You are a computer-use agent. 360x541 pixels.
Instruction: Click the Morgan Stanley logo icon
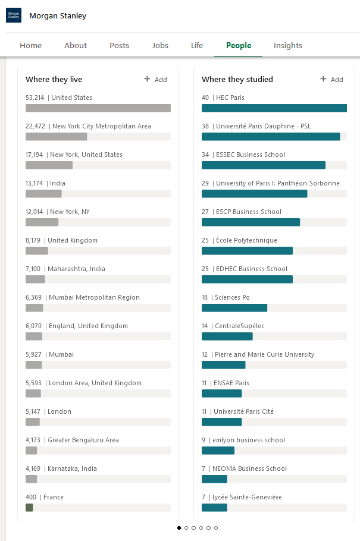pos(14,15)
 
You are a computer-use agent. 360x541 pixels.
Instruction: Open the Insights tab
pos(288,46)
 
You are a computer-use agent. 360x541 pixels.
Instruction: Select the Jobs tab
pos(160,46)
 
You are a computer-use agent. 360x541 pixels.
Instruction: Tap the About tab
pos(76,46)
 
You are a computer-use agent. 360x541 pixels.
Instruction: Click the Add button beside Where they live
pos(155,79)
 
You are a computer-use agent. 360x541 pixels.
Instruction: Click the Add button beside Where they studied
pos(331,79)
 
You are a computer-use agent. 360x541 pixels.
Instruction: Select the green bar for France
pos(29,508)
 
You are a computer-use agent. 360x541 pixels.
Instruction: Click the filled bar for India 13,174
pos(43,194)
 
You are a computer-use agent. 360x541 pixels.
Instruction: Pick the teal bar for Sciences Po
pos(234,308)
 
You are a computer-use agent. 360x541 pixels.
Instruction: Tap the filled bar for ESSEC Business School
pos(264,165)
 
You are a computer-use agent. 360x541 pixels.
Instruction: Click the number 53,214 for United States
pos(35,97)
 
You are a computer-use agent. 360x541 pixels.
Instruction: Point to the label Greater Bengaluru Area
pos(83,441)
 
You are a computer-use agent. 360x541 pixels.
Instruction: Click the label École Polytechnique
pos(247,240)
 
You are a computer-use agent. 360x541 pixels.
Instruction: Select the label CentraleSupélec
pos(239,326)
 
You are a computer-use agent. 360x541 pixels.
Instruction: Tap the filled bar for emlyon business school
pos(218,450)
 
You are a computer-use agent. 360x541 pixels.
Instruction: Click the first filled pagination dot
pos(179,528)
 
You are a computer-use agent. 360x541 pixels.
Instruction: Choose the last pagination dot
pos(216,528)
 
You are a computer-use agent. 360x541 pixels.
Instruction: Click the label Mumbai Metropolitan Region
pos(95,297)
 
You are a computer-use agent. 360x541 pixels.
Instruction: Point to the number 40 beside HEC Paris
pos(205,97)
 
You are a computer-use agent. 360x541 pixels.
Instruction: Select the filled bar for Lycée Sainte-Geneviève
pos(215,508)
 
